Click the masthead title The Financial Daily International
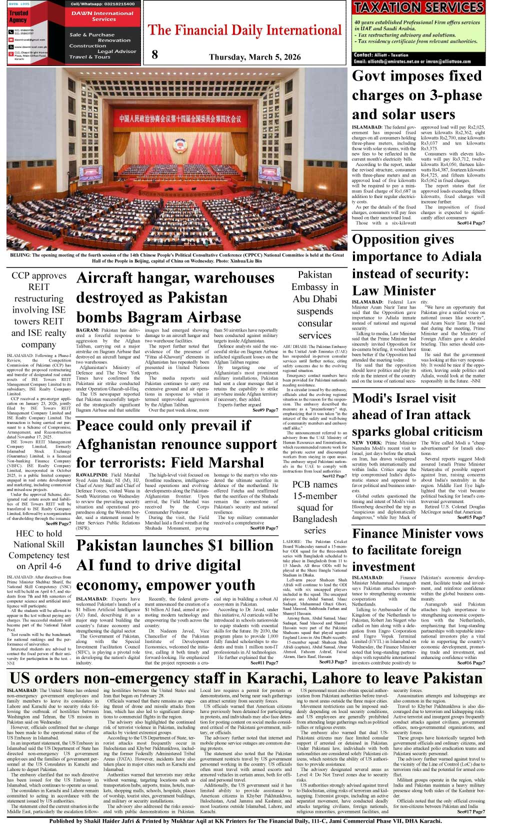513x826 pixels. point(244,30)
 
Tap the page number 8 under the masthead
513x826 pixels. point(154,54)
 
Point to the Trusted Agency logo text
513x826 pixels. point(18,16)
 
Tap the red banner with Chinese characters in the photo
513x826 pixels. point(180,118)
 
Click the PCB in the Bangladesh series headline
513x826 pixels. point(303,484)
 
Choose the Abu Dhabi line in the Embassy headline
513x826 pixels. point(314,298)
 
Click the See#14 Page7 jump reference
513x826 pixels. point(470,223)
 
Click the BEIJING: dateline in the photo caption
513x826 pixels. point(20,255)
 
